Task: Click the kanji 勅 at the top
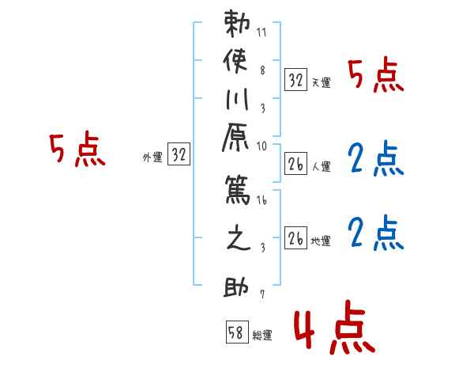pyautogui.click(x=236, y=21)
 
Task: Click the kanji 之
pyautogui.click(x=236, y=240)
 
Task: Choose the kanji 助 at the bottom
pyautogui.click(x=236, y=285)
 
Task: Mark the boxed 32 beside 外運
pyautogui.click(x=179, y=155)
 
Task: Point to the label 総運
pyautogui.click(x=262, y=335)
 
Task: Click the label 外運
pyautogui.click(x=152, y=158)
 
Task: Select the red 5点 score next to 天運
pyautogui.click(x=375, y=77)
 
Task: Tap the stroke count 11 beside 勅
pyautogui.click(x=261, y=33)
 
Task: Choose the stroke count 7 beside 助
pyautogui.click(x=261, y=294)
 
